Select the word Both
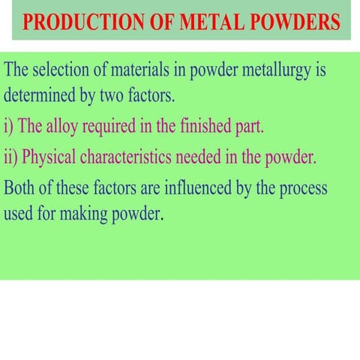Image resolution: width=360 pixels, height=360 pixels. click(x=20, y=187)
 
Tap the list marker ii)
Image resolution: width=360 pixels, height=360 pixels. click(x=12, y=157)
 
